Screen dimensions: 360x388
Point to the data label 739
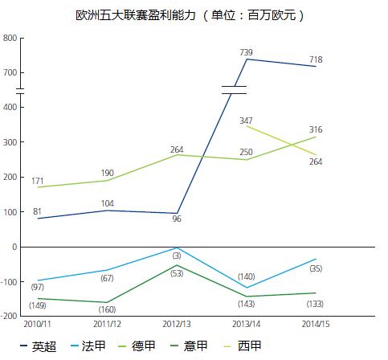(x=246, y=51)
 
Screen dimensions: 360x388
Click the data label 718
(x=315, y=59)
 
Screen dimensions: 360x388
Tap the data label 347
(x=246, y=120)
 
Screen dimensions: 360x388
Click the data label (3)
(x=176, y=254)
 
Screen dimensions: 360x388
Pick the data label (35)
(x=315, y=268)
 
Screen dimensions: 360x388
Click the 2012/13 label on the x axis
(x=176, y=323)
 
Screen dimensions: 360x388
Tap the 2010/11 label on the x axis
(x=37, y=323)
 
